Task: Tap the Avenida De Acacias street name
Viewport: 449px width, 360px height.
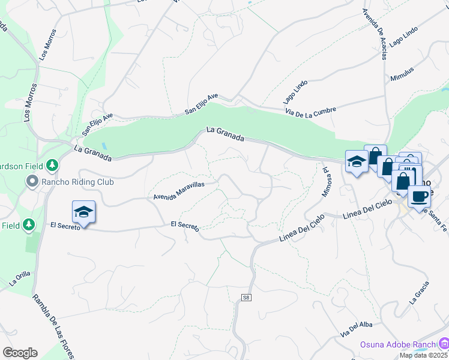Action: click(375, 34)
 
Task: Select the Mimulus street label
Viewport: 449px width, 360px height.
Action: click(402, 74)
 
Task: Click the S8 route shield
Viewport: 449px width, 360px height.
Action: click(246, 298)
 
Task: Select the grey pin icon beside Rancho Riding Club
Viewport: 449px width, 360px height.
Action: click(31, 180)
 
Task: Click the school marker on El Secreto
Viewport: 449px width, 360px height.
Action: click(84, 212)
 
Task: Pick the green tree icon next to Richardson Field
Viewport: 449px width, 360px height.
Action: click(52, 164)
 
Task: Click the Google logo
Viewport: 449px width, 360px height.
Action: click(20, 353)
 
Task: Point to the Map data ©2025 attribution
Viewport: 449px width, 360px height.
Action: click(424, 355)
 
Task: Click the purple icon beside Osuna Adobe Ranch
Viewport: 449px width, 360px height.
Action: click(444, 344)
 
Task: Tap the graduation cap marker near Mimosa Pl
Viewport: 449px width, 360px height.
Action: click(357, 161)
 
